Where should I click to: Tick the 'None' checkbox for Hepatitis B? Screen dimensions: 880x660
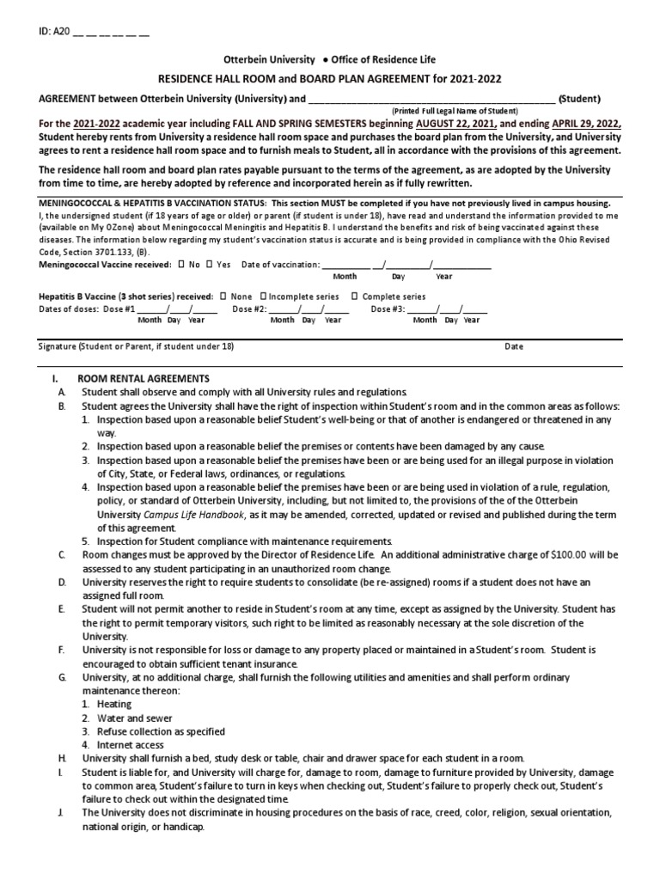(223, 296)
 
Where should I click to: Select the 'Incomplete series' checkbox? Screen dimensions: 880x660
(262, 296)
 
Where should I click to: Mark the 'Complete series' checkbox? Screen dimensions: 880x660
(355, 296)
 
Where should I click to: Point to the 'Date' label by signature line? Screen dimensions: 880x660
(513, 346)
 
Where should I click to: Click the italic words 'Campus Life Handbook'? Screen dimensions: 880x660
(193, 514)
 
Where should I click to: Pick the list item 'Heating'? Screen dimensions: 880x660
(114, 704)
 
